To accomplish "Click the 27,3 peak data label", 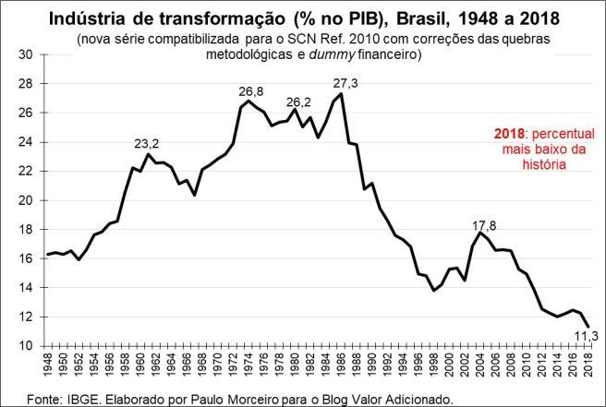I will point(345,83).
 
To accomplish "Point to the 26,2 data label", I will point(299,102).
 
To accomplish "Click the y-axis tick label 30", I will point(26,54).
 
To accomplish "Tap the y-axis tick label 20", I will point(26,200).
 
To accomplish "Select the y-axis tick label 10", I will point(26,346).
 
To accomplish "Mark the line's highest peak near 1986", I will point(342,94).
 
